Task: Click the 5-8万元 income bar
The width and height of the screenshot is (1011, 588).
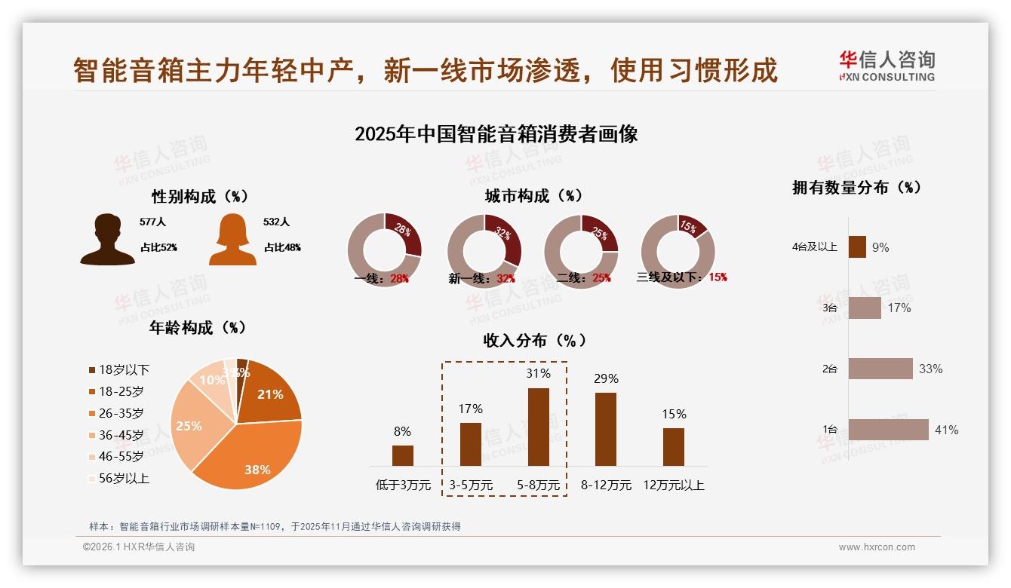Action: pos(538,427)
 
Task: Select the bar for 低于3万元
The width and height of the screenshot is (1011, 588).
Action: pos(403,455)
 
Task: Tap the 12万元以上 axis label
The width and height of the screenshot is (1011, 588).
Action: pos(673,485)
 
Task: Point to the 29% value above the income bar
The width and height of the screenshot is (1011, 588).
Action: pos(606,378)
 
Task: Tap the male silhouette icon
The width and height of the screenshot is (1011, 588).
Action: pos(108,239)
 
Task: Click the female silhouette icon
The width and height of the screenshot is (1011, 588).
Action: pos(232,239)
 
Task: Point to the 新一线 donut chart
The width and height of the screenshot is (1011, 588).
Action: pos(484,251)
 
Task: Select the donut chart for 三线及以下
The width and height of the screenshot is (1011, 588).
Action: pos(677,251)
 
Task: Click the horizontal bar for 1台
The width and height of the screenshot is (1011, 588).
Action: pos(888,430)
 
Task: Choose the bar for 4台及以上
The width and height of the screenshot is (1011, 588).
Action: pos(857,247)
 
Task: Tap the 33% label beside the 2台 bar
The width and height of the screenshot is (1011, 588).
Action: pos(930,369)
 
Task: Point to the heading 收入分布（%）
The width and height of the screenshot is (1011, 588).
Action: pos(535,340)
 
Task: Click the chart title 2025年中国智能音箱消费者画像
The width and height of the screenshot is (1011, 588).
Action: pos(496,134)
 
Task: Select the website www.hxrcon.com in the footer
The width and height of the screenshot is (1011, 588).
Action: pos(877,547)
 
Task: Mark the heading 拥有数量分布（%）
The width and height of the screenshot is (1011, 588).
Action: pos(856,188)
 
